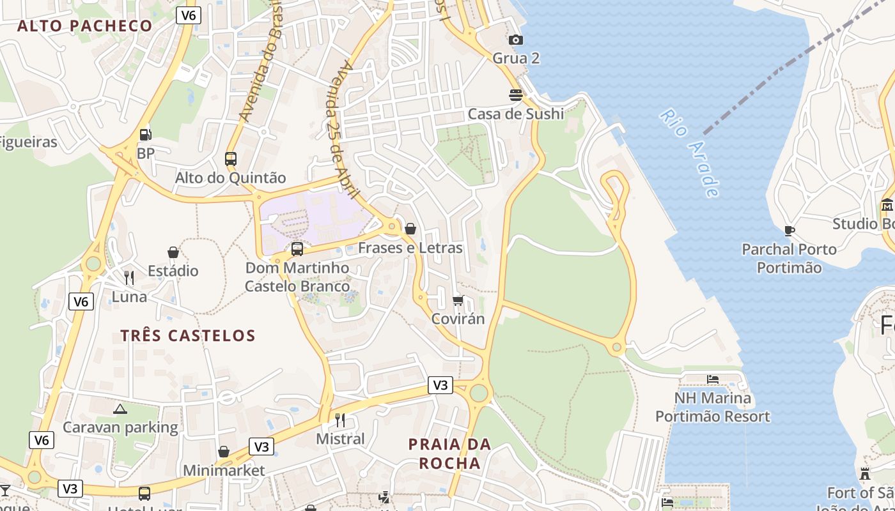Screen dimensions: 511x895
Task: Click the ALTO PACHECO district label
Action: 85,26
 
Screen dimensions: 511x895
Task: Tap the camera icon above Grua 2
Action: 516,40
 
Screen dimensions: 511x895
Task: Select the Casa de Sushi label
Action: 516,114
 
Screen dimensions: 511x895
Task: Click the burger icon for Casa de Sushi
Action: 516,95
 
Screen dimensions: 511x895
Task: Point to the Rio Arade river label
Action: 690,153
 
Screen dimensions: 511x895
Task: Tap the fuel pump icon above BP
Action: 146,135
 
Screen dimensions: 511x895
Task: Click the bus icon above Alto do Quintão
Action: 231,158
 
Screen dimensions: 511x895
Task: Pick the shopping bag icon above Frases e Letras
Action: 410,229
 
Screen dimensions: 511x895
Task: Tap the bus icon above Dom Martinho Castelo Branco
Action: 297,249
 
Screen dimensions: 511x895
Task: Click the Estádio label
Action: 173,271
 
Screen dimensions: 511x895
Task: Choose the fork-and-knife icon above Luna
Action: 129,277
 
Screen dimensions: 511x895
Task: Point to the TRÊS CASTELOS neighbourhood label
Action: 188,335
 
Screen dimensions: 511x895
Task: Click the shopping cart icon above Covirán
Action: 458,300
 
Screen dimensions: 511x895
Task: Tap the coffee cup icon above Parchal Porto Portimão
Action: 790,231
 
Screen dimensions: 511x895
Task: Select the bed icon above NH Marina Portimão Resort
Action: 713,379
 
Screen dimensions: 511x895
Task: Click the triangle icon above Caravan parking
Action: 120,409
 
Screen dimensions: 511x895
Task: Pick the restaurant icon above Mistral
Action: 340,420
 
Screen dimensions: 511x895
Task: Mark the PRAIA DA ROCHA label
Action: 450,454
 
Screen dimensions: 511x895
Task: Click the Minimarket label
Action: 224,471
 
